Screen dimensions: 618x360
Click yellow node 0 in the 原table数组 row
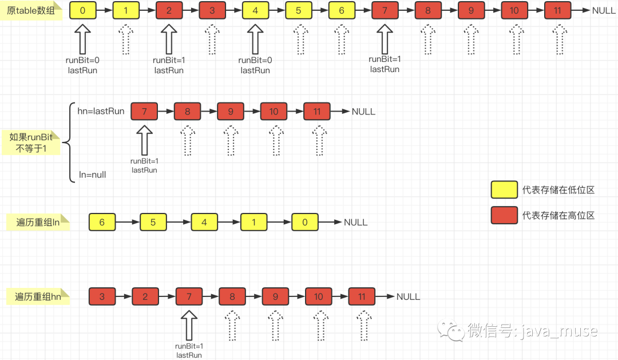pyautogui.click(x=83, y=11)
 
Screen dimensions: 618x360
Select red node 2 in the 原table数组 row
pyautogui.click(x=169, y=11)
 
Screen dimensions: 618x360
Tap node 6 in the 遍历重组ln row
pyautogui.click(x=102, y=223)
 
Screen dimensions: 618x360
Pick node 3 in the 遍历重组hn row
pyautogui.click(x=102, y=296)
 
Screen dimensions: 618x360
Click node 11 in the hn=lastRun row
pyautogui.click(x=317, y=112)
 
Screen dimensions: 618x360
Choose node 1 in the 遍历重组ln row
pyautogui.click(x=254, y=223)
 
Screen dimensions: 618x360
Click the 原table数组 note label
pyautogui.click(x=31, y=11)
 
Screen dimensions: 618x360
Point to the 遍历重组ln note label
pyautogui.click(x=38, y=223)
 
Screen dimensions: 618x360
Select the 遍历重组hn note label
pyautogui.click(x=38, y=296)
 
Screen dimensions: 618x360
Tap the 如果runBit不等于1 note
pyautogui.click(x=31, y=143)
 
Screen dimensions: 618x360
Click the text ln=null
pyautogui.click(x=92, y=175)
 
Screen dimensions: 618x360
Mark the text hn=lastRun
pyautogui.click(x=101, y=111)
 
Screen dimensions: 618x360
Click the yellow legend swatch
pyautogui.click(x=504, y=189)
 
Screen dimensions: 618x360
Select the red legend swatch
pyautogui.click(x=504, y=215)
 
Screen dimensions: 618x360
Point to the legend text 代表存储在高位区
pyautogui.click(x=558, y=215)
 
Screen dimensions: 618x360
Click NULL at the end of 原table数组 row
pyautogui.click(x=604, y=11)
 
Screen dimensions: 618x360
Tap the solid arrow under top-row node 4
pyautogui.click(x=255, y=39)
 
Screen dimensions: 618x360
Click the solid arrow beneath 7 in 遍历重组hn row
pyautogui.click(x=189, y=325)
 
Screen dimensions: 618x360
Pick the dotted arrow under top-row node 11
pyautogui.click(x=560, y=39)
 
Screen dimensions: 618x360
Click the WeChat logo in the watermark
pyautogui.click(x=451, y=330)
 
